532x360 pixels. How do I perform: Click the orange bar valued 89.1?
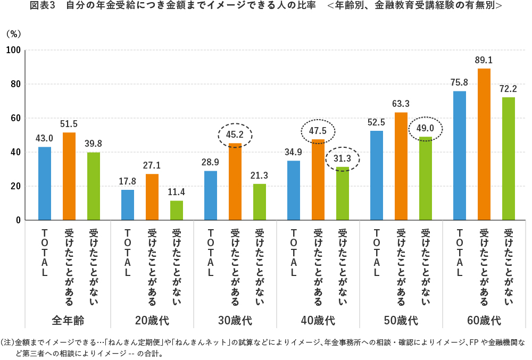tap(484, 144)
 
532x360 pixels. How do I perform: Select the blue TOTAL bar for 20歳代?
tap(128, 205)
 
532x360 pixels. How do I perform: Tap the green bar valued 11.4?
tap(177, 210)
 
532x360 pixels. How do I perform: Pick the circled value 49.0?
tap(425, 129)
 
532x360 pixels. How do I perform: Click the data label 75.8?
tap(459, 82)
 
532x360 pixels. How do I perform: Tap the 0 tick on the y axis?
tap(17, 220)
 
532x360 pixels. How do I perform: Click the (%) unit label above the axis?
tap(13, 33)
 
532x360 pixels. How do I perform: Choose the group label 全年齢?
tap(69, 321)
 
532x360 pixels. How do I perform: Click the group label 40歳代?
tap(318, 321)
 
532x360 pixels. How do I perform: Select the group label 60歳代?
tap(484, 321)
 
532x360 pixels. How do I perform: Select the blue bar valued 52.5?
tap(376, 175)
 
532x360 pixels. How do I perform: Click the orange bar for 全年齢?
tap(69, 176)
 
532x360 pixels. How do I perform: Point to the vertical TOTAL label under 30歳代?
tap(211, 253)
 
